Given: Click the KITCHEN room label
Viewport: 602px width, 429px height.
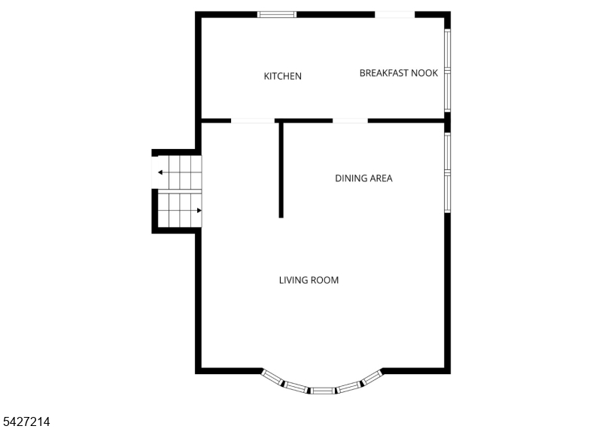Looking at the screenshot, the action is coord(283,76).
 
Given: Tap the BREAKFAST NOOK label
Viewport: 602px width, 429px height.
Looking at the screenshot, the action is coord(399,73).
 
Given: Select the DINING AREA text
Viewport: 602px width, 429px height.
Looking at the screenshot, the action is coord(363,178).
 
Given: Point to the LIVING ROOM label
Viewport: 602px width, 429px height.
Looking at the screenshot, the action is coord(309,280).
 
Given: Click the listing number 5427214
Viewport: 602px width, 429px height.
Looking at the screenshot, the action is coord(26,421).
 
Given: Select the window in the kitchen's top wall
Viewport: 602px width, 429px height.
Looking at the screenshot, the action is coord(277,14).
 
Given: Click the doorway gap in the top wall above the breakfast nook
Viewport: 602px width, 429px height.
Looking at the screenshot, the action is coord(394,14).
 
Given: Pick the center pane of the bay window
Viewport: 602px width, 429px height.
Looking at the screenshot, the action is coord(322,391).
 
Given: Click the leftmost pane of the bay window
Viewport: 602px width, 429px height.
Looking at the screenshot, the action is coord(273,378).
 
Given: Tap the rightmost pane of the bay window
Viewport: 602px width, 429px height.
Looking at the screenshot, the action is coord(372,377).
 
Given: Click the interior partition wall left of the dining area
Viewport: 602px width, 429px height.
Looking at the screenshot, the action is coord(281,170).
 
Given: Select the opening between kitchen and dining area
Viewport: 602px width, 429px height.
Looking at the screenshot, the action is coord(350,120).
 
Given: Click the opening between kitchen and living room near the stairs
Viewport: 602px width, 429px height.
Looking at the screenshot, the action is coord(253,120).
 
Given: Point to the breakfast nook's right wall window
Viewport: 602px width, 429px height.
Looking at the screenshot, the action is coord(447,70).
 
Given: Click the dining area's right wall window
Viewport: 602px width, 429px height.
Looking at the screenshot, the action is coord(447,172).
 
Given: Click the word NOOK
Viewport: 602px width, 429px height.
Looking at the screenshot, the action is coord(424,73).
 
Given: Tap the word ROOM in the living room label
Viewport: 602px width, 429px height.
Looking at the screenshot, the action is coord(324,280).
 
